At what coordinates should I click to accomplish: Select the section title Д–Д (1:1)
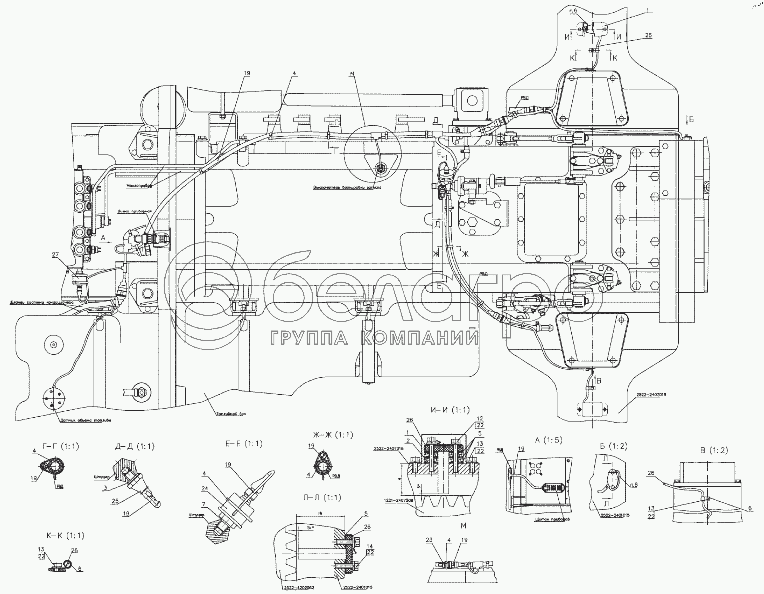click(134, 447)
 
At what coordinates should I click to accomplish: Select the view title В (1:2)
click(714, 450)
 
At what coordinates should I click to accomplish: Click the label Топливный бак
click(231, 414)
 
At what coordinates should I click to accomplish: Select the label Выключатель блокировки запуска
click(347, 187)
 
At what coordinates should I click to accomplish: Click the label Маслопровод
click(139, 186)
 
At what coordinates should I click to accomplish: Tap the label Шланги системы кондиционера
click(42, 302)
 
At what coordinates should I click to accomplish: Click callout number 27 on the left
click(55, 255)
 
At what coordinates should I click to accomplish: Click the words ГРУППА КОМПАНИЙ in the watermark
click(374, 338)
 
